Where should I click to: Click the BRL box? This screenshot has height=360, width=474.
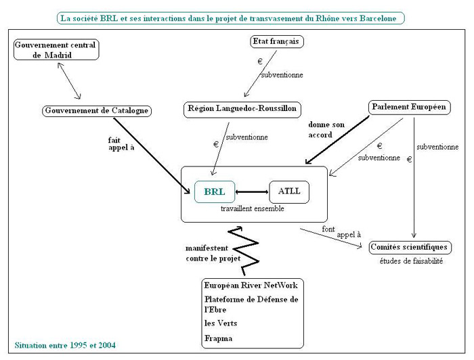[x=215, y=192]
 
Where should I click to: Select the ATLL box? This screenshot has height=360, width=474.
[x=289, y=192]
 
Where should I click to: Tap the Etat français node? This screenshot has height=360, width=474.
[x=277, y=41]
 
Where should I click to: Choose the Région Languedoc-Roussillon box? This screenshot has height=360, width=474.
[x=241, y=108]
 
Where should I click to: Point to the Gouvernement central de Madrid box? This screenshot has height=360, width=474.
[x=56, y=49]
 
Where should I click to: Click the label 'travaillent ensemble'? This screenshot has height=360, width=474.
[x=253, y=209]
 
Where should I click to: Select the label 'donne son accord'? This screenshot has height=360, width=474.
[x=326, y=130]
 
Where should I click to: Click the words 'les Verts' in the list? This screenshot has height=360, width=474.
[x=222, y=323]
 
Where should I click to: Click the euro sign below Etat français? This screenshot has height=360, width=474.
[x=259, y=62]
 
